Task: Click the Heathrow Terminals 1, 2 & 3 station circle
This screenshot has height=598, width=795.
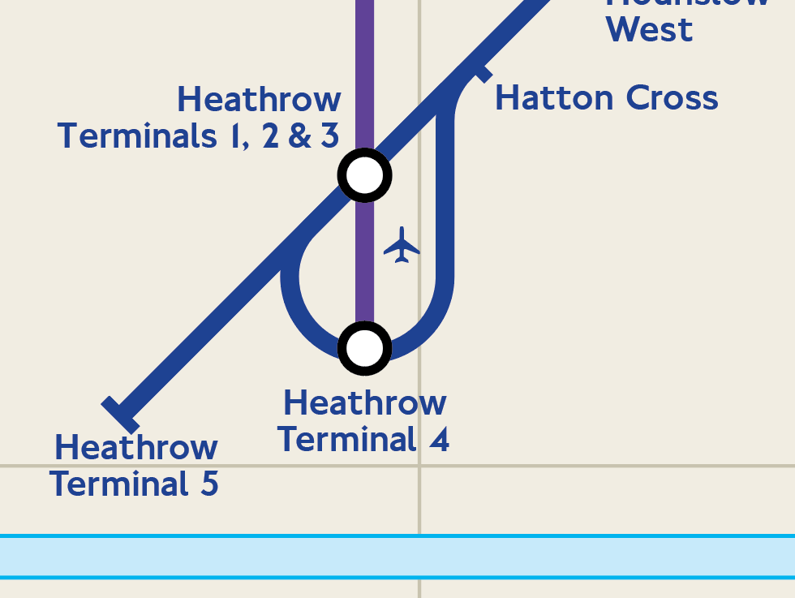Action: click(364, 174)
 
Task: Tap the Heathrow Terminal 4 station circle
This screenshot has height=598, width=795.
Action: click(364, 348)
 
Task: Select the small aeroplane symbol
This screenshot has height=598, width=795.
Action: click(402, 245)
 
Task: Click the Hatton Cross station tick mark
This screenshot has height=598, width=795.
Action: click(482, 74)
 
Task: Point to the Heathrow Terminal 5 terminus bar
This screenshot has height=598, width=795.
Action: click(121, 415)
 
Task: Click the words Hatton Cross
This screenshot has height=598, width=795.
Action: click(606, 98)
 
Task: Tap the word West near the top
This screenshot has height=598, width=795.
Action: click(649, 29)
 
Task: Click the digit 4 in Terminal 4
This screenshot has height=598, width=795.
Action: click(439, 439)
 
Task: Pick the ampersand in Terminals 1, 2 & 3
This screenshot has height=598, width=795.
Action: click(300, 136)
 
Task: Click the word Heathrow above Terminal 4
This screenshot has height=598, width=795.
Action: click(364, 402)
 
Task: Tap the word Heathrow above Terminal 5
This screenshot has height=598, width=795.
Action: click(135, 447)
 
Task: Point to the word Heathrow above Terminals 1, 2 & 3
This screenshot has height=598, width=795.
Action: click(259, 99)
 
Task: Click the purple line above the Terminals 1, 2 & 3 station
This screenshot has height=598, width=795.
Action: click(364, 73)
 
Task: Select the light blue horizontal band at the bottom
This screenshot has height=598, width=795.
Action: click(397, 557)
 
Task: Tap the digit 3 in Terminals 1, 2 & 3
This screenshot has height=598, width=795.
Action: click(329, 136)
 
